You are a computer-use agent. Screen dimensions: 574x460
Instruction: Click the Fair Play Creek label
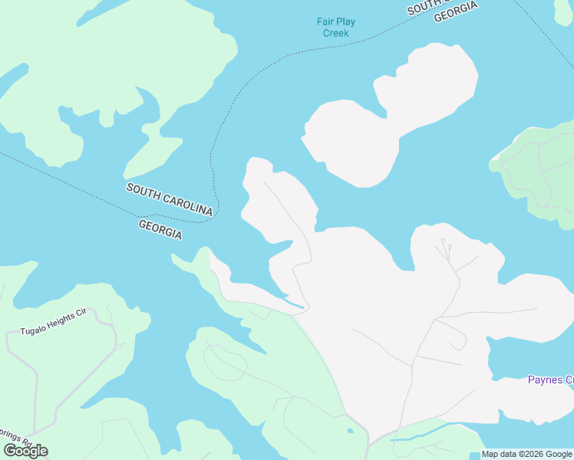coord(336,28)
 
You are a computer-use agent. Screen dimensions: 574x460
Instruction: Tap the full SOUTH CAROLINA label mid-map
coord(170,199)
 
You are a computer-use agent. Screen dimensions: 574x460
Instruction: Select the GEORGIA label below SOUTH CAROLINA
coord(160,229)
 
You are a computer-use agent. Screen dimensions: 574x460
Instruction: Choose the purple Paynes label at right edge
coord(550,379)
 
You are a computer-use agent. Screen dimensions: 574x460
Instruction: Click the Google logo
coord(25,451)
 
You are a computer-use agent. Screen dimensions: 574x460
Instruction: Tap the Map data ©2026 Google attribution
coord(526,455)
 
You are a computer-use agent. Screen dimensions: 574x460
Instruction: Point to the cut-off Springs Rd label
coord(13,444)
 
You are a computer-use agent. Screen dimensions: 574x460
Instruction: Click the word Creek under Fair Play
coord(336,33)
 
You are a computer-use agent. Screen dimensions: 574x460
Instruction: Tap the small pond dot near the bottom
coord(350,430)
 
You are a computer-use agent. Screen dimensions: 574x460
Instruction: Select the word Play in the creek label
coord(345,21)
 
